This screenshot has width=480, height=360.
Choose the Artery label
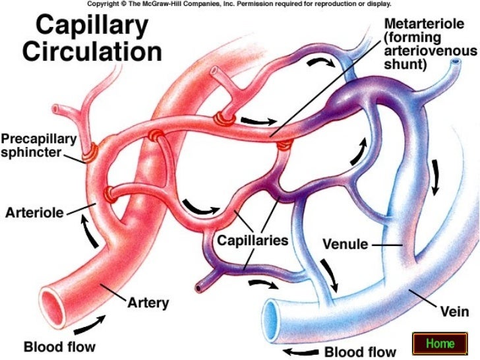tap(148, 303)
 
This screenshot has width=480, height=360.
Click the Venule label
tap(345, 245)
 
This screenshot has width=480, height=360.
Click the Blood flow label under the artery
tap(59, 346)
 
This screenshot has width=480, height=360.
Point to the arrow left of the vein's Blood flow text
tap(299, 351)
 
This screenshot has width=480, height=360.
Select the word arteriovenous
tap(428, 51)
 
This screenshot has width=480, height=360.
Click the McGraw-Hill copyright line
tap(239, 4)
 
